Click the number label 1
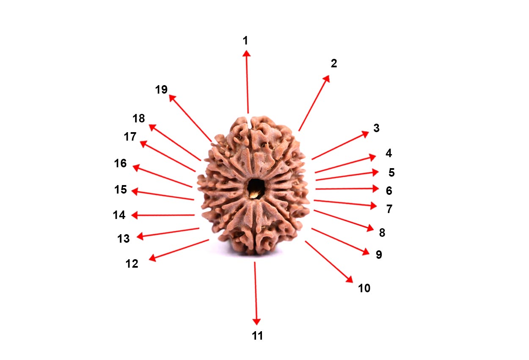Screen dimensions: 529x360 245,40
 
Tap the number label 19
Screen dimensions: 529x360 161,90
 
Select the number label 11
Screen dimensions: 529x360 257,336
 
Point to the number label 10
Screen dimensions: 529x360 364,288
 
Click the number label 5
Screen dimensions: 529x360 391,172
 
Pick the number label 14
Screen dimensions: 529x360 119,215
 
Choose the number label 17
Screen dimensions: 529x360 130,137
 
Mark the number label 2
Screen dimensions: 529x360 334,64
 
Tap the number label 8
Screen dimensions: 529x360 382,233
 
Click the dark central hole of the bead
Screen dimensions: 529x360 255,188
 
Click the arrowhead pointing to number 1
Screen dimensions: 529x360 246,53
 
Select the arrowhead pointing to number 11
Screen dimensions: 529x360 256,321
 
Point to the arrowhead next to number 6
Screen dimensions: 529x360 376,188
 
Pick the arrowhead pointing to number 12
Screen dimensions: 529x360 152,258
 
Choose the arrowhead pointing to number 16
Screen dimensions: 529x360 136,167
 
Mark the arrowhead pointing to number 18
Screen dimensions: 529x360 152,127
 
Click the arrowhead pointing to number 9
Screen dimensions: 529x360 366,252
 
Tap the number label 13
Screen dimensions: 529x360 123,239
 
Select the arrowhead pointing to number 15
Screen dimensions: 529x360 135,191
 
